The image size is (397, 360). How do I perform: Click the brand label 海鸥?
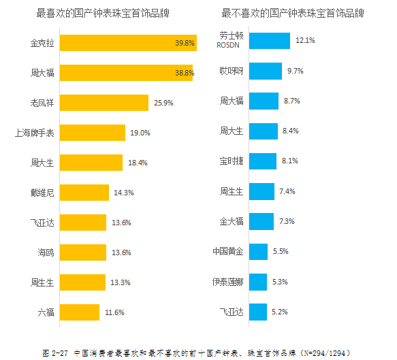pyautogui.click(x=46, y=252)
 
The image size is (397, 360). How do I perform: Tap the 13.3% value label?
pyautogui.click(x=121, y=282)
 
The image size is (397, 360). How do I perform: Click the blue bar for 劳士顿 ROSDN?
pyautogui.click(x=270, y=40)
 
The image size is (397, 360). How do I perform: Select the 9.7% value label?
pyautogui.click(x=296, y=71)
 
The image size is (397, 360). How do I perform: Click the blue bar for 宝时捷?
pyautogui.click(x=263, y=161)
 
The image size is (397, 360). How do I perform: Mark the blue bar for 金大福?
pyautogui.click(x=261, y=221)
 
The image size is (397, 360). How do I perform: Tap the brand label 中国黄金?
pyautogui.click(x=227, y=251)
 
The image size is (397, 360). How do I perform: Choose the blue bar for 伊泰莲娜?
pyautogui.click(x=258, y=281)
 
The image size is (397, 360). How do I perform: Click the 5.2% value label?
pyautogui.click(x=280, y=311)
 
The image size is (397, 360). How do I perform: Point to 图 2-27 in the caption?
pyautogui.click(x=54, y=353)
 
